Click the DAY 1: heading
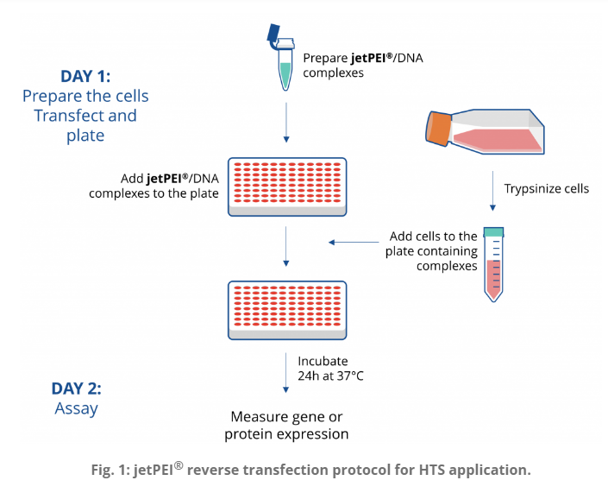click(x=85, y=76)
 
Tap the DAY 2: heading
click(x=77, y=389)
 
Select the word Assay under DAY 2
click(x=77, y=408)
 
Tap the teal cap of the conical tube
click(x=493, y=232)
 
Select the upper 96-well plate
click(x=287, y=186)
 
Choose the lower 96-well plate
click(x=287, y=310)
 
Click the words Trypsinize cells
click(x=547, y=189)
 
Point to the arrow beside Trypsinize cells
click(x=492, y=191)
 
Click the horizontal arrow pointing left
click(x=354, y=243)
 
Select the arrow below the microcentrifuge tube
click(x=286, y=123)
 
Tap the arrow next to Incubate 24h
click(x=285, y=373)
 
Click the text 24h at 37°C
click(x=331, y=376)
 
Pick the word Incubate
click(x=323, y=361)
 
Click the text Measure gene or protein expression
click(x=286, y=426)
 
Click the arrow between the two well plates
click(x=286, y=247)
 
